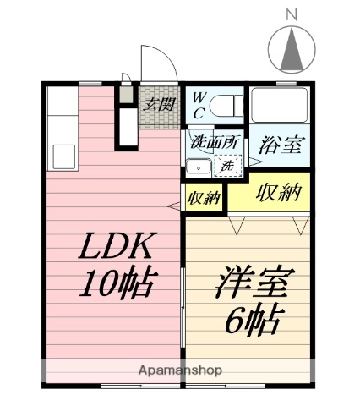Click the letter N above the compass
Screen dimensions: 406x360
292,14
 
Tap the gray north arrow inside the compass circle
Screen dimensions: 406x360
292,49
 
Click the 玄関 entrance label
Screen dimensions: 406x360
158,104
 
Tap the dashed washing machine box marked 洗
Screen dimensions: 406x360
227,166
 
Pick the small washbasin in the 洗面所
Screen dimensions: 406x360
199,167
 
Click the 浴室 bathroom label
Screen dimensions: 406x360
280,143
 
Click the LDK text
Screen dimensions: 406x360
116,247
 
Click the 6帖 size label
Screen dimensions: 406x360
253,321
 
